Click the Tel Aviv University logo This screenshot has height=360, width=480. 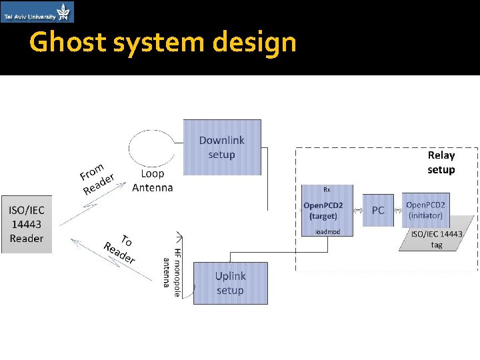(x=37, y=12)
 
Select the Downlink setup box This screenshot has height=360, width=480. (x=222, y=147)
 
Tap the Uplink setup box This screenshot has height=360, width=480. (x=230, y=283)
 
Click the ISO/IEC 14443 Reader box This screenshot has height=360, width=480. (x=27, y=224)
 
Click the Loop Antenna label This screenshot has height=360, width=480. (x=153, y=180)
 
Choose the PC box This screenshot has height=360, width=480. (x=378, y=210)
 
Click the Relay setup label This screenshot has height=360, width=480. (x=441, y=162)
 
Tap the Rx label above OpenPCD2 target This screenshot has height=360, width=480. (x=327, y=189)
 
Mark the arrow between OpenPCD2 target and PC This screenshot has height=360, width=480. (x=357, y=210)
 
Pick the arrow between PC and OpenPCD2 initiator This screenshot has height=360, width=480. (x=399, y=210)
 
